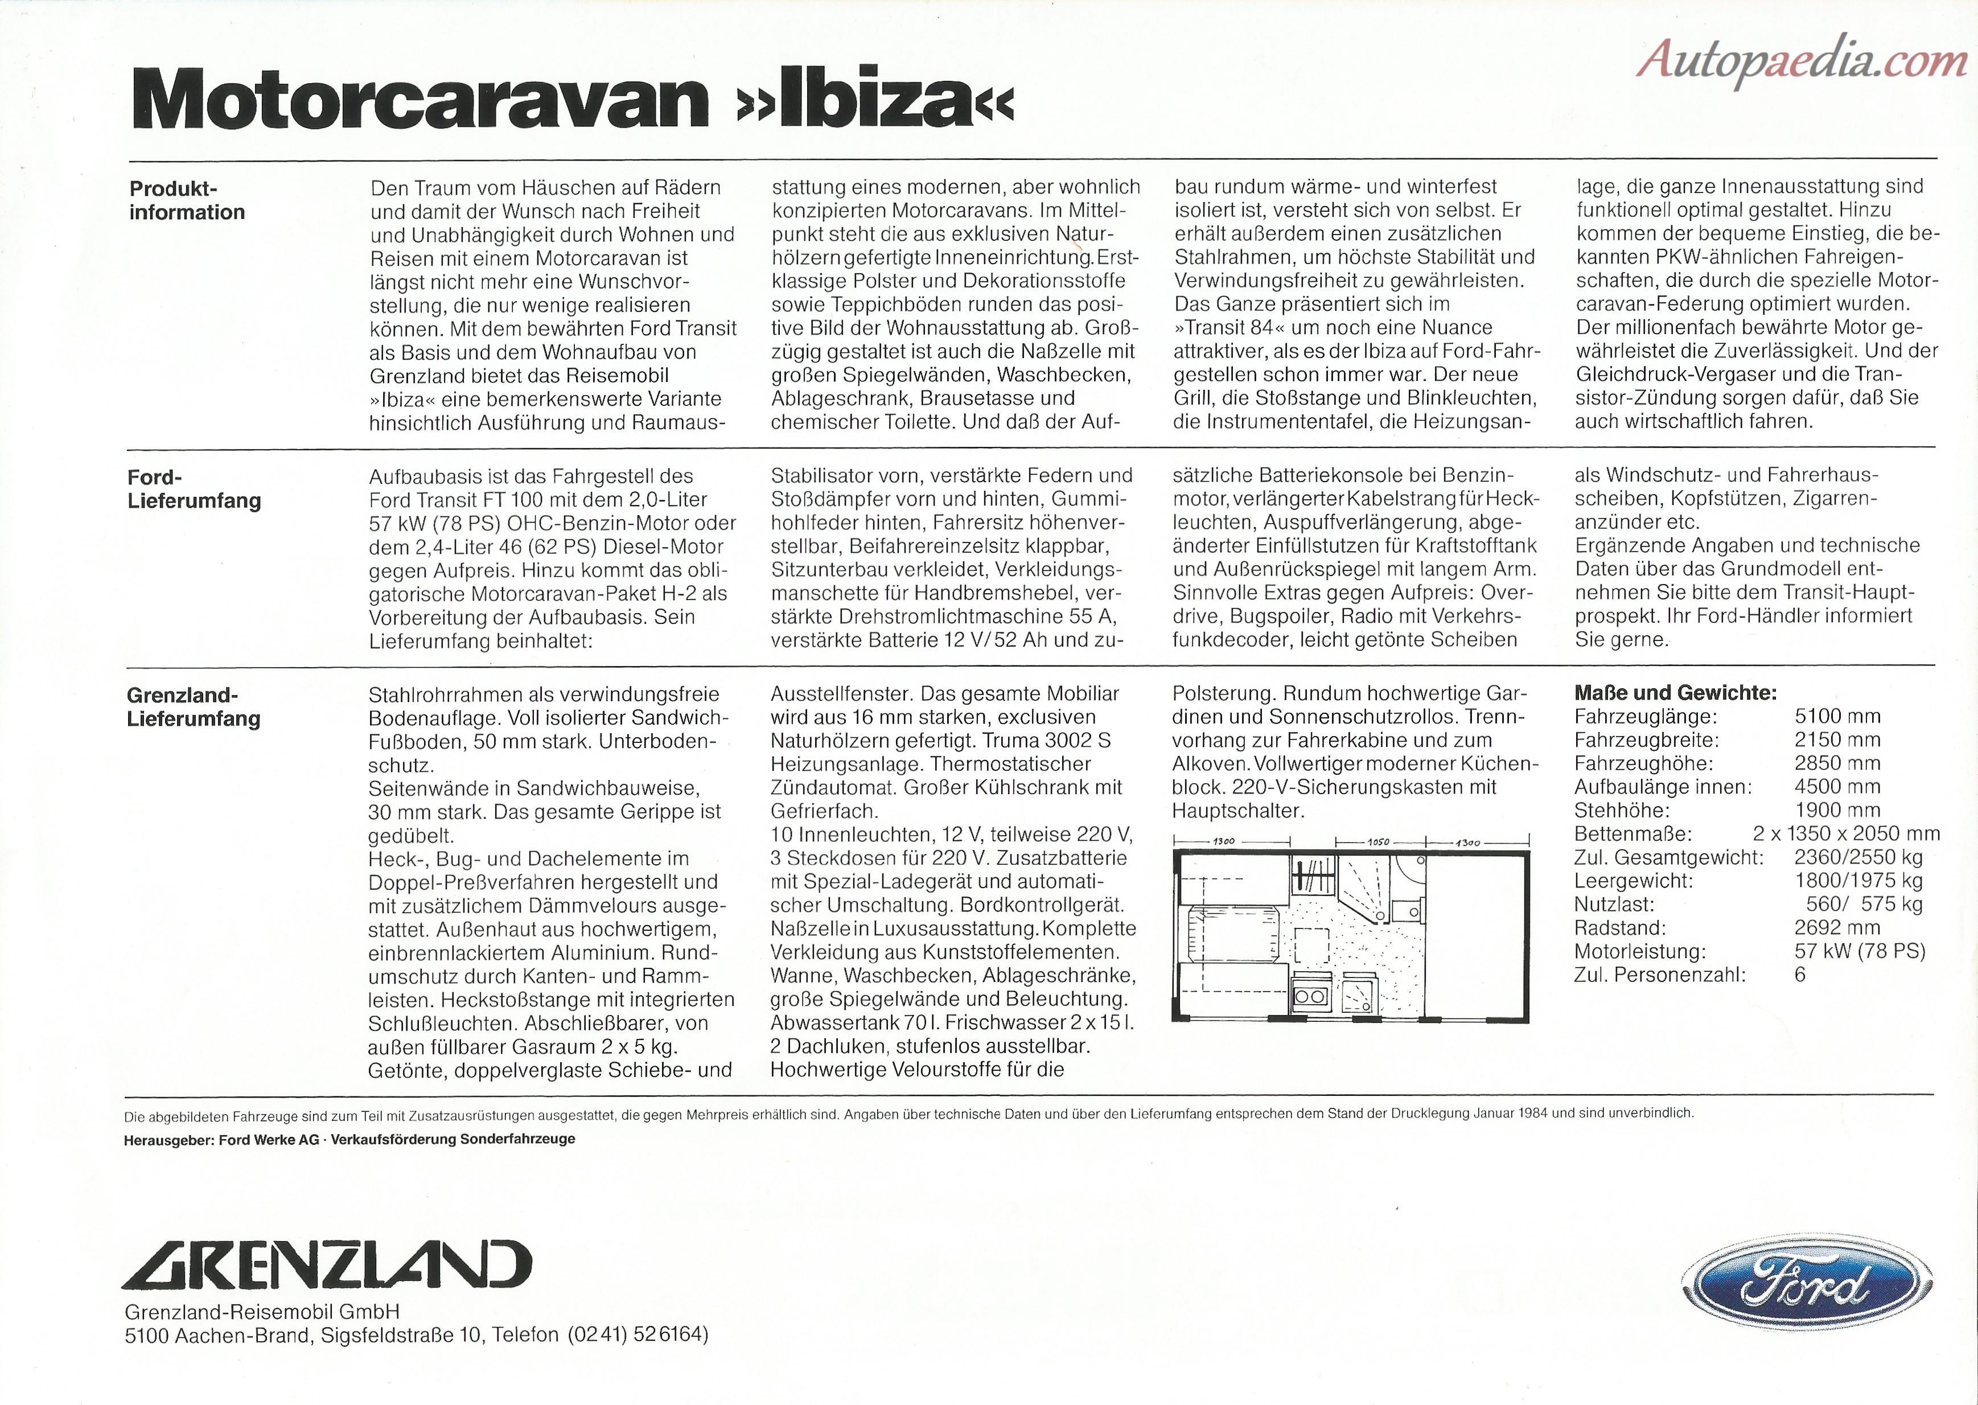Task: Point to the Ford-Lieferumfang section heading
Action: [194, 489]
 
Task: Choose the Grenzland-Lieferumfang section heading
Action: [193, 707]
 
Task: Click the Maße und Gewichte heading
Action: [1675, 692]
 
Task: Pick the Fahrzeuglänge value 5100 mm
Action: [1837, 716]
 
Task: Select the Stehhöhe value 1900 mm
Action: [1837, 811]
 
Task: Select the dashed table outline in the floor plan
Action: [1312, 945]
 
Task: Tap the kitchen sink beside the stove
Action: [1358, 995]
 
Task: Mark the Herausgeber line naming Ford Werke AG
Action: [349, 1139]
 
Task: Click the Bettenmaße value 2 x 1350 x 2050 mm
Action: [1846, 834]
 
